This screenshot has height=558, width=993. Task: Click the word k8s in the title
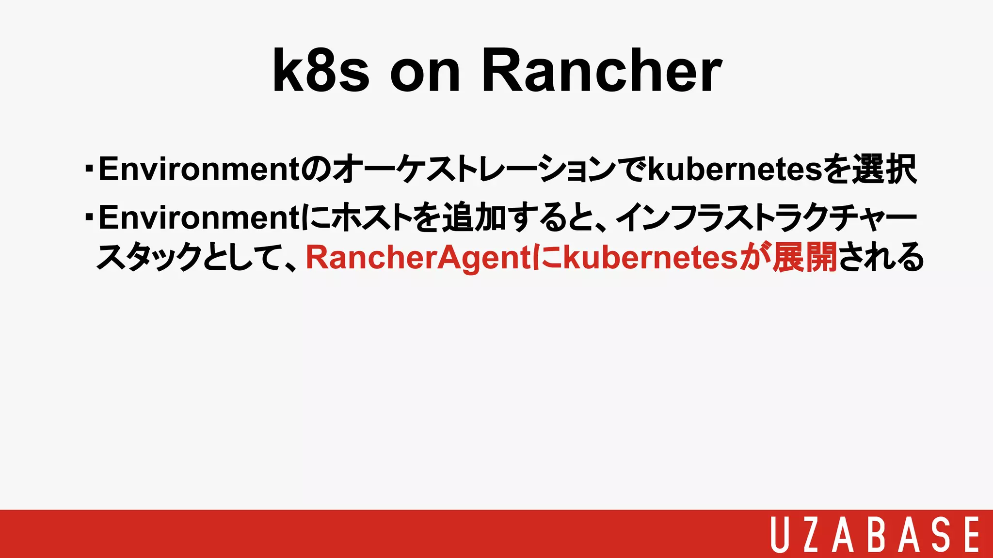tap(321, 71)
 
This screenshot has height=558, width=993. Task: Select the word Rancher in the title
tap(602, 71)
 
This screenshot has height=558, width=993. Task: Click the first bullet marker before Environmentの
tap(89, 169)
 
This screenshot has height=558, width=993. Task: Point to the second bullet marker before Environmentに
tap(89, 217)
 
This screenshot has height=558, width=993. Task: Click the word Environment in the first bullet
tap(199, 169)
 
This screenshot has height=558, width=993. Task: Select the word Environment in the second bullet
tap(199, 217)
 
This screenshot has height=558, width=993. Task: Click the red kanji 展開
tap(805, 257)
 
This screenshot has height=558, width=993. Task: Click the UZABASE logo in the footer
tap(875, 534)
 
